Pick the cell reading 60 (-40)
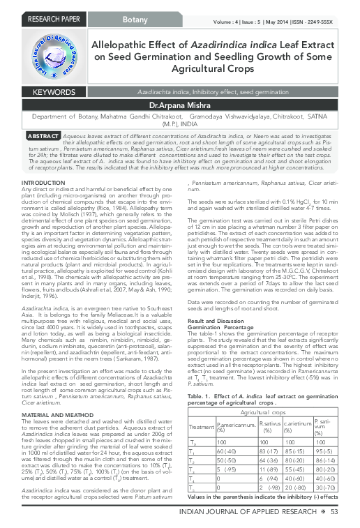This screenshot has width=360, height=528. tap(227, 433)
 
